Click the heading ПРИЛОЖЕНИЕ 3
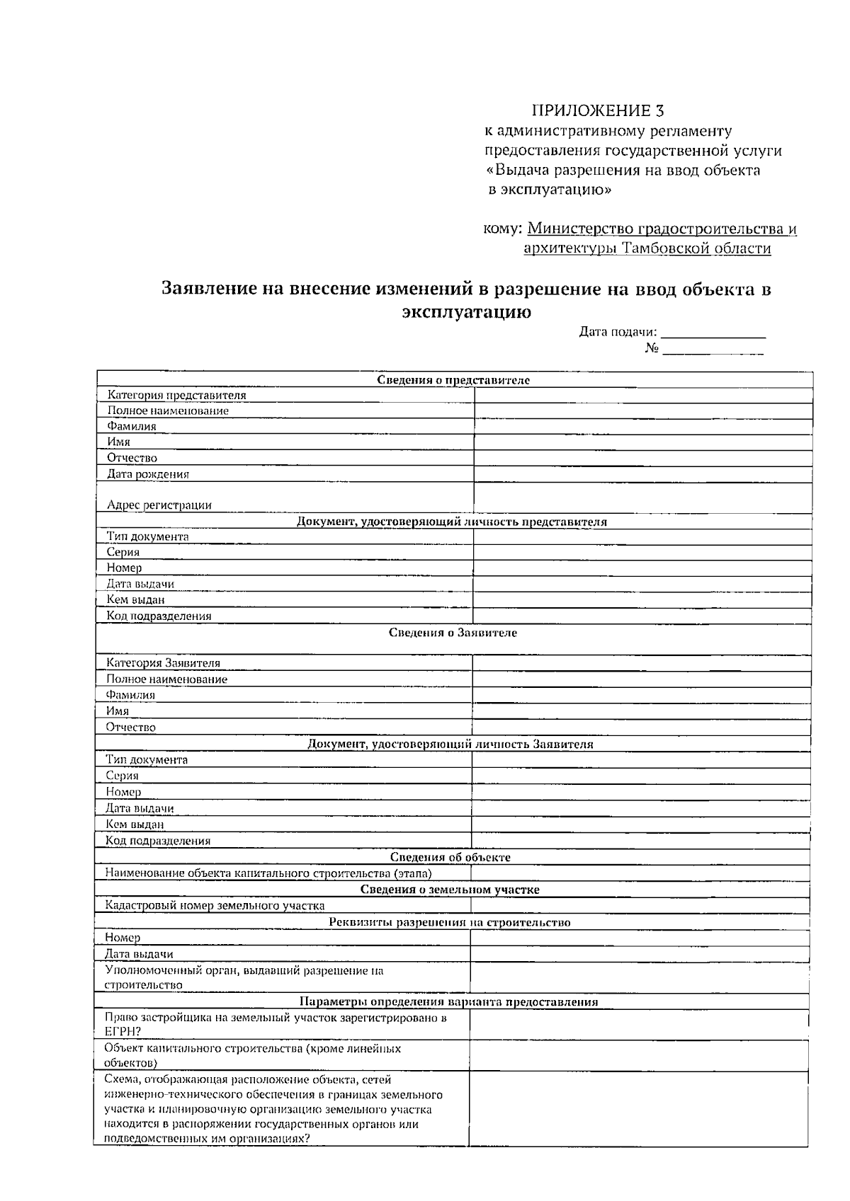tap(598, 111)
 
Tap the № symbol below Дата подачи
tap(652, 349)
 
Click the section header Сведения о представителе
tap(453, 380)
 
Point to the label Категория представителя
tap(176, 396)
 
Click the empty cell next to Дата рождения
tap(642, 474)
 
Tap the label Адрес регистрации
tap(159, 505)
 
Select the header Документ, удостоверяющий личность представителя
tap(451, 522)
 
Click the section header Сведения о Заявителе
tap(453, 633)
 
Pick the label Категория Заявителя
tap(163, 663)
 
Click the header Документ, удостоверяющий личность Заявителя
tap(450, 745)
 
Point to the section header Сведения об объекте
tap(450, 857)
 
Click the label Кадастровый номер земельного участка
tap(215, 905)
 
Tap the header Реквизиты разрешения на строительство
tap(450, 922)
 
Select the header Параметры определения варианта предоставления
tap(448, 1002)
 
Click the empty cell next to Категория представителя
tap(643, 396)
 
